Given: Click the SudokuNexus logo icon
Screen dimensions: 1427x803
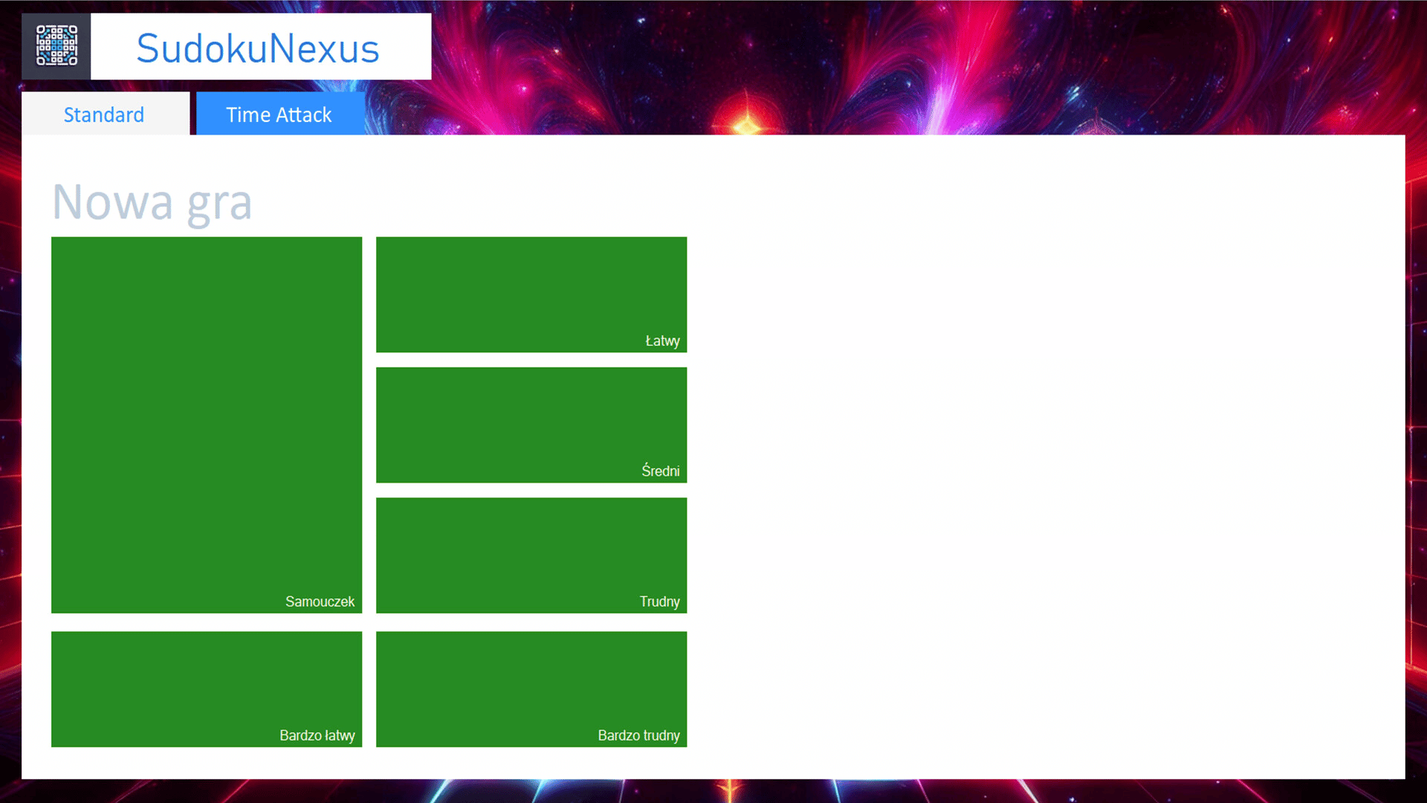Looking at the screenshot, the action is tap(56, 46).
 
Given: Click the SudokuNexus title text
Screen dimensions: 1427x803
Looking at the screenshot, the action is tap(258, 48).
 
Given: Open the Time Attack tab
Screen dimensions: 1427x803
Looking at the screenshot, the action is tap(280, 114).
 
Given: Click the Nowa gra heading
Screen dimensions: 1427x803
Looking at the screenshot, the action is tap(152, 202).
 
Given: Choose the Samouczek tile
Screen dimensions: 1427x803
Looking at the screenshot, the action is tap(207, 425).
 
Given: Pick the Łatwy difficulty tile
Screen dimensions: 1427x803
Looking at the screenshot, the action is tap(531, 294).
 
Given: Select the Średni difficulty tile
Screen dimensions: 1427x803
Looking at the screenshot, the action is tap(531, 425).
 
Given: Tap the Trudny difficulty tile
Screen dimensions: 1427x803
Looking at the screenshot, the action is tap(531, 555).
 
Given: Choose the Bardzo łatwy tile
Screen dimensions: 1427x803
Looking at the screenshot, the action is tap(207, 689).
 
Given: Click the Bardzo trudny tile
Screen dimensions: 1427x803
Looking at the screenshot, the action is tap(531, 689).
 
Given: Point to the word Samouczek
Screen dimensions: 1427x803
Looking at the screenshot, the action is tap(320, 602).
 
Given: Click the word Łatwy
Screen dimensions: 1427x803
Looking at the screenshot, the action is tap(663, 341).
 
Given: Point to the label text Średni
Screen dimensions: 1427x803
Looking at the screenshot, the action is tap(661, 471).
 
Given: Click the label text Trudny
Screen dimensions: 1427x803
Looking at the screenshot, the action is tap(660, 602).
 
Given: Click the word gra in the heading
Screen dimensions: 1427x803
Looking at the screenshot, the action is tap(219, 204).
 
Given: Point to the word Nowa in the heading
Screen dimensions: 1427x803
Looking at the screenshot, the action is tap(112, 201).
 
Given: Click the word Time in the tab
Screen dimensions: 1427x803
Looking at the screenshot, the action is tap(248, 115).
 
